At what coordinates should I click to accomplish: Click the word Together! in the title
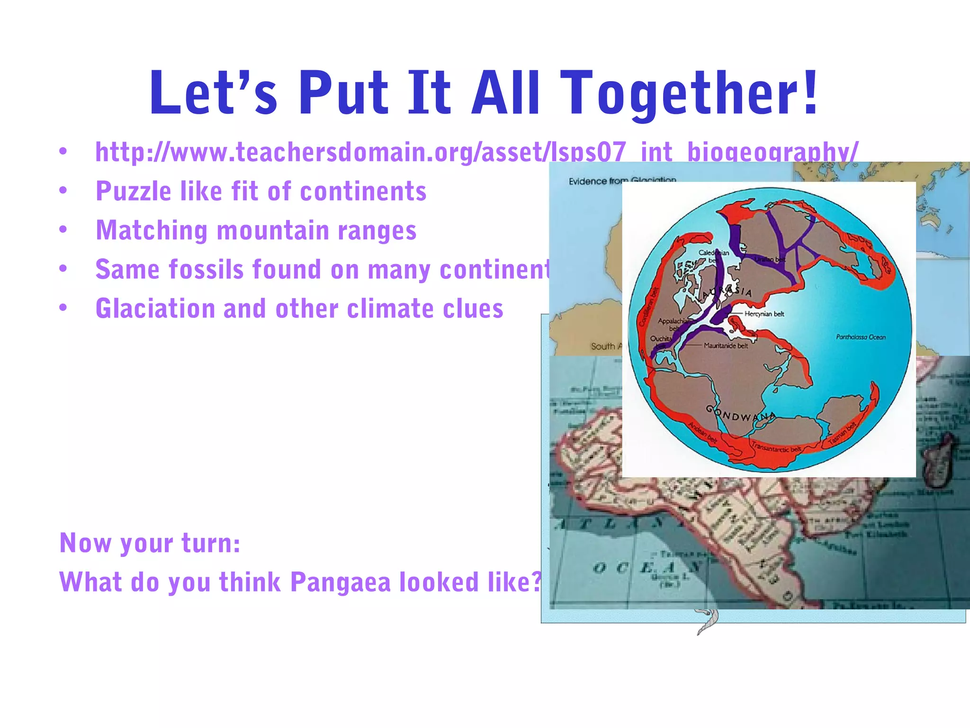click(692, 93)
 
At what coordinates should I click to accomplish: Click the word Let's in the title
click(213, 93)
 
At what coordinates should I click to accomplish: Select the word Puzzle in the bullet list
click(133, 192)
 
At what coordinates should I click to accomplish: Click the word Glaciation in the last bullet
click(155, 309)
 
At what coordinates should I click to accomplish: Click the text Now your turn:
click(150, 543)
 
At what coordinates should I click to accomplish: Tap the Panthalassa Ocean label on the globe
click(861, 337)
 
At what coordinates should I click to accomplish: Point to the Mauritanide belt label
click(726, 346)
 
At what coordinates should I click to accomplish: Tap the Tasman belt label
click(842, 433)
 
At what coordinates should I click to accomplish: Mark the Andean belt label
click(703, 432)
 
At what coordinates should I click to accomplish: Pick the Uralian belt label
click(770, 260)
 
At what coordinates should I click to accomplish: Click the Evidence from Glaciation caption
click(622, 181)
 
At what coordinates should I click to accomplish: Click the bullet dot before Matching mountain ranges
click(63, 230)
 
